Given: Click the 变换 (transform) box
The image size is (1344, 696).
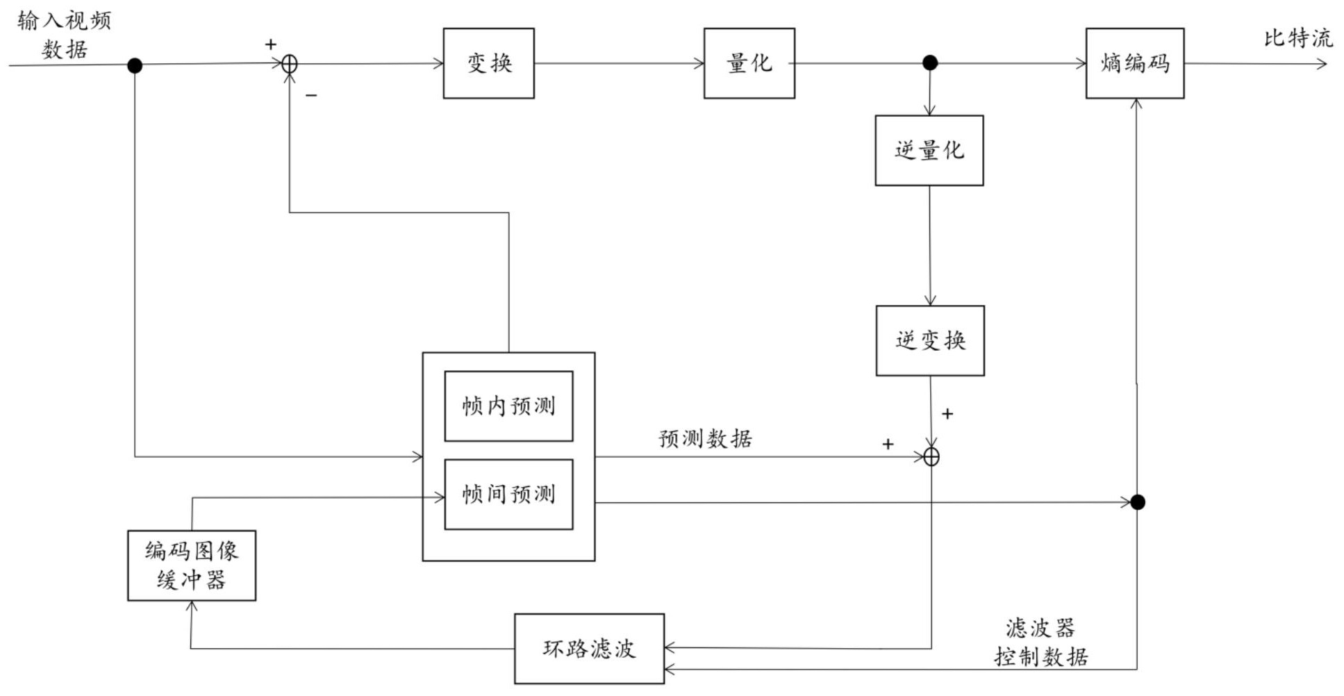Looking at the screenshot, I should pos(488,63).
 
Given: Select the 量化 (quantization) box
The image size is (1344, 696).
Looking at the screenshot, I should pos(749,63).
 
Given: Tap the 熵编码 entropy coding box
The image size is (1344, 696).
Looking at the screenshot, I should pos(1134,63).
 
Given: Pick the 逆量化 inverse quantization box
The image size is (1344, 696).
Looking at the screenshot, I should pos(929,150).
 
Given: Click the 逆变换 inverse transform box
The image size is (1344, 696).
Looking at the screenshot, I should pos(929,340).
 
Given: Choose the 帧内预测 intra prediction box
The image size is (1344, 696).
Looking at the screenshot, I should pos(508,406).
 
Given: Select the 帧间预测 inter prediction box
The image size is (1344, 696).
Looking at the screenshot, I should pos(508,494).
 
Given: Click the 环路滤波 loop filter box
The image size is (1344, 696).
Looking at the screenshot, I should pos(589,648).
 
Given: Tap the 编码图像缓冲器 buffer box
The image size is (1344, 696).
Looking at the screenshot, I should pos(192,565).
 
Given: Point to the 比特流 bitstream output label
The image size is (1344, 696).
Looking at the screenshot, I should pos(1297,38).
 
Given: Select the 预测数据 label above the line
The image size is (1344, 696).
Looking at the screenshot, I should pos(705,438).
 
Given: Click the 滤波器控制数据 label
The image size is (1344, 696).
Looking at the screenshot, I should pos(1040,642).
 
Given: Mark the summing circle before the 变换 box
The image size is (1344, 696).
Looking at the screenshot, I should pos(290,65).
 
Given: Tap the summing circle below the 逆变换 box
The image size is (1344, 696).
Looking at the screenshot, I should pos(931,457).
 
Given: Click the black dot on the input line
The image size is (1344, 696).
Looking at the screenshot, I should pos(135,65).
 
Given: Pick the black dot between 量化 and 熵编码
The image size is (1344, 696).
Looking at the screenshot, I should pos(930,63).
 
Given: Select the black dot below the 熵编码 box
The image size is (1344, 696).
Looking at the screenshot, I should pos(1137,502).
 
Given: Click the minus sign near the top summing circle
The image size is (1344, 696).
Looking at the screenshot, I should pos(311,95).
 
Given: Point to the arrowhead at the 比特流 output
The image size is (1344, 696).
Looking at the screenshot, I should pos(1322,64).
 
